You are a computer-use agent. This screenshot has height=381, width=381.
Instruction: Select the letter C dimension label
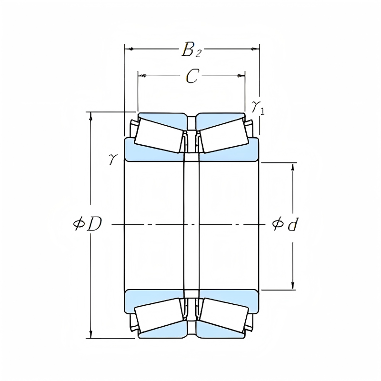click(191, 76)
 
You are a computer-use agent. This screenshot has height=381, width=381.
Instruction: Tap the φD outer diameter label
click(88, 224)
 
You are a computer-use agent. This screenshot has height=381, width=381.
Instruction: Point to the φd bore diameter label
click(285, 224)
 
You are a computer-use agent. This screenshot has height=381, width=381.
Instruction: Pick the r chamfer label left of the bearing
click(112, 159)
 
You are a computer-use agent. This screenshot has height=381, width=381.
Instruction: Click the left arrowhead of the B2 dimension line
click(128, 49)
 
